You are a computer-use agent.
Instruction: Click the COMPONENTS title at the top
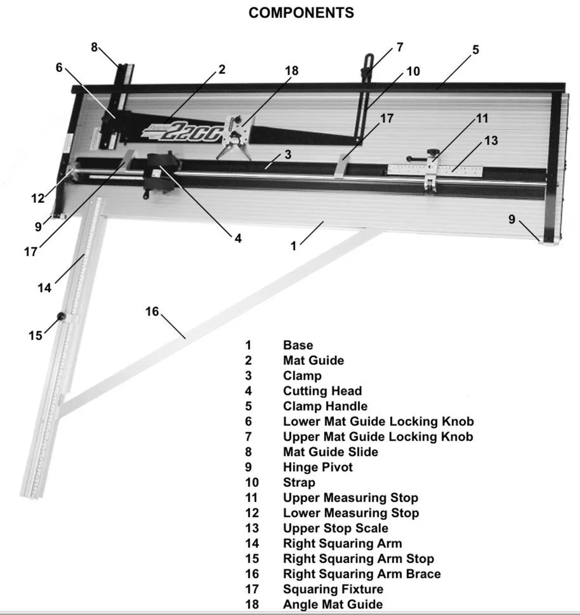(301, 13)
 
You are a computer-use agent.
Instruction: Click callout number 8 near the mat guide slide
(94, 47)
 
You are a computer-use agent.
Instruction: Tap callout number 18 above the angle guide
(292, 71)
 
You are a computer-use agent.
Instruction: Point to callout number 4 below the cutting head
(238, 238)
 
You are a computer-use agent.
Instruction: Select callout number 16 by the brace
(152, 312)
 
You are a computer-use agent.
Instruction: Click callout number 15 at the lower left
(35, 336)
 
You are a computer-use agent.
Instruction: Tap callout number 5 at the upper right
(476, 50)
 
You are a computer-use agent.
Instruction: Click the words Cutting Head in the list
(322, 391)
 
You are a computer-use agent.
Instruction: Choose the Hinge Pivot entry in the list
(317, 467)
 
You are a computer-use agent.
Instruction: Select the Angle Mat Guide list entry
(332, 605)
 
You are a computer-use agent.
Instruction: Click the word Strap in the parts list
(299, 483)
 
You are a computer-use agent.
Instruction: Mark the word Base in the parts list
(297, 345)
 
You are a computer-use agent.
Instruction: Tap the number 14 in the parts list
(252, 544)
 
